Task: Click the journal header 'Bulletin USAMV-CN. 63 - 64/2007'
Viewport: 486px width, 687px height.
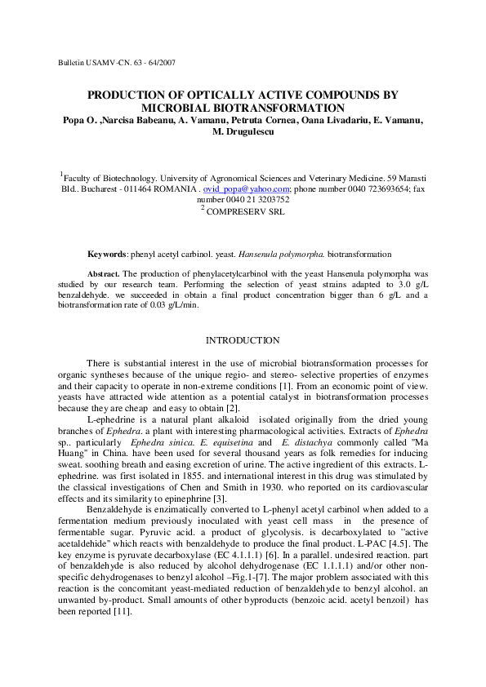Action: tap(117, 63)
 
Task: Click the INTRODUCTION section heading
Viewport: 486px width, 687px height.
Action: tap(243, 340)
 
